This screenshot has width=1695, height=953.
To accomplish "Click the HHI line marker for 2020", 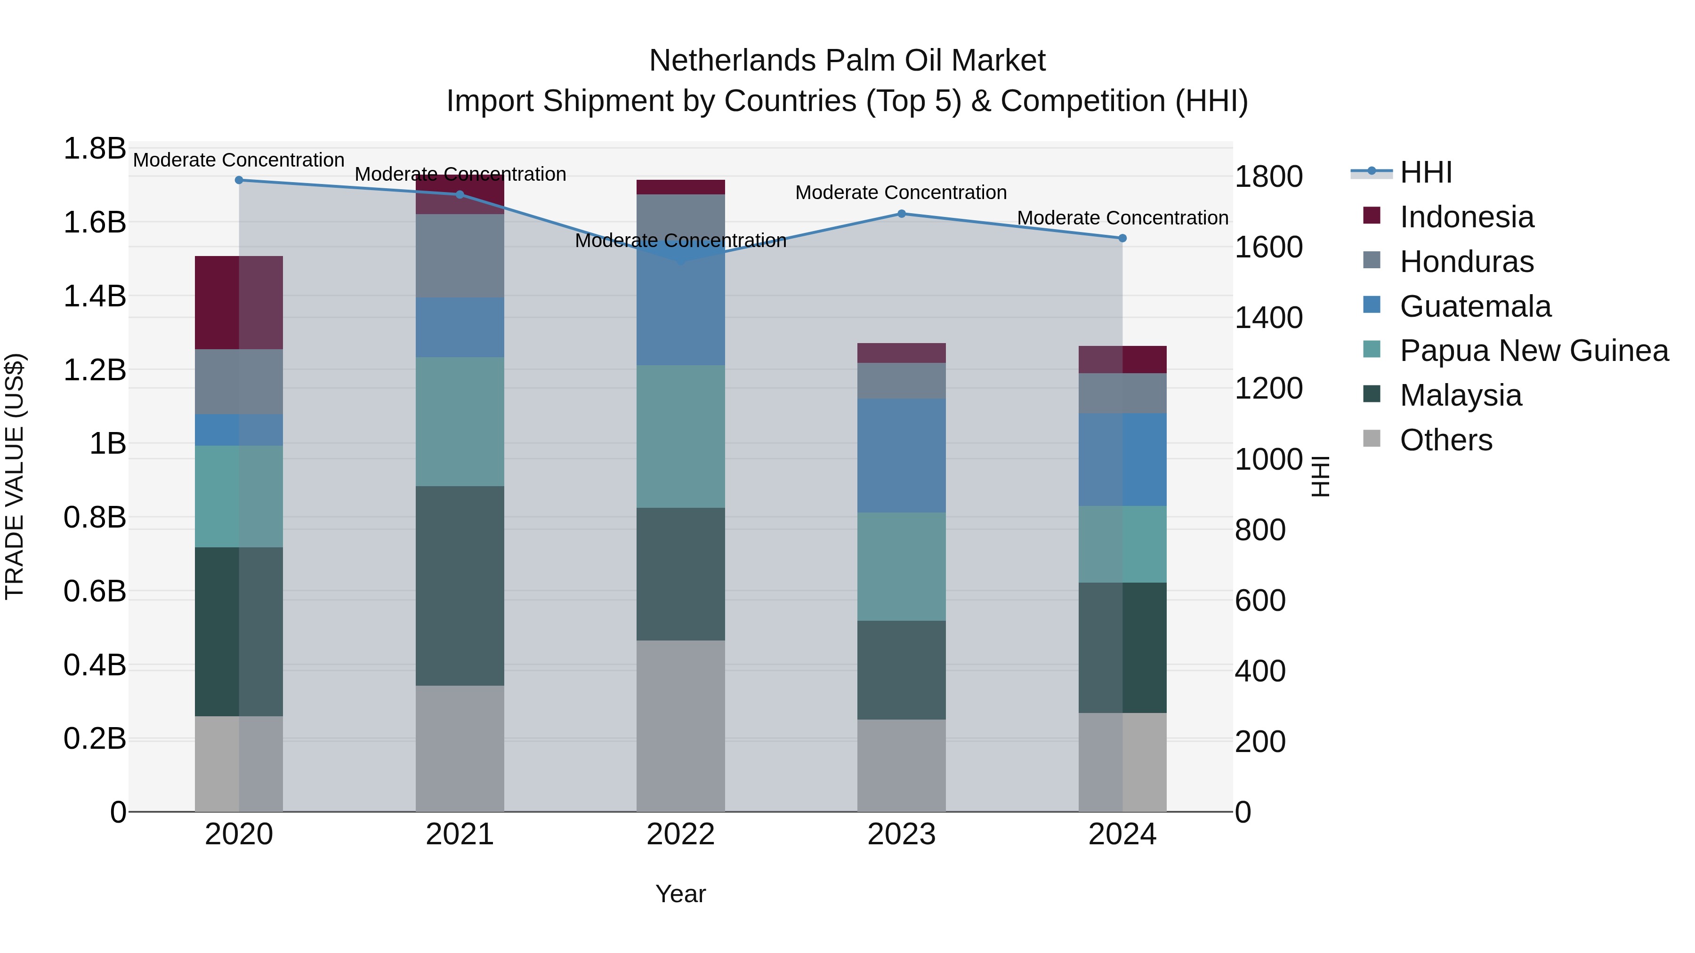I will point(239,180).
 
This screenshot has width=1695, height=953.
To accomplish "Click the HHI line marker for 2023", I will point(902,214).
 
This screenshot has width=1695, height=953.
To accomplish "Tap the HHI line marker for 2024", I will point(1122,238).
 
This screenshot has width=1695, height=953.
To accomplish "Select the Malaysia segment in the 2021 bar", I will point(460,585).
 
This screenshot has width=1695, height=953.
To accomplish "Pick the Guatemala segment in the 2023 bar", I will point(902,455).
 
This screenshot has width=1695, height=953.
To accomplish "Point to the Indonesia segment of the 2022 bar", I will point(680,187).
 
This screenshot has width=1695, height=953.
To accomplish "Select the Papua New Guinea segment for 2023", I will point(902,566).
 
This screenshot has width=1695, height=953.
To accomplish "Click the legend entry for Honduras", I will point(1467,262).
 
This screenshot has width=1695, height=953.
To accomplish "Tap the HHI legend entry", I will point(1426,172).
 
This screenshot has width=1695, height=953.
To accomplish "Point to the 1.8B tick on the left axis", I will point(94,149).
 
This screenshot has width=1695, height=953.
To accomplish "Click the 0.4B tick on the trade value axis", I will point(94,665).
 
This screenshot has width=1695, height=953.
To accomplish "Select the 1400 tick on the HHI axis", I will point(1268,318).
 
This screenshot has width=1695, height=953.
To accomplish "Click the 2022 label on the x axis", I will point(680,834).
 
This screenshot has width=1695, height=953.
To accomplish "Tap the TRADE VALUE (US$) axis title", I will point(15,476).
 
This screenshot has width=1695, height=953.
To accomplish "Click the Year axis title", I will point(680,894).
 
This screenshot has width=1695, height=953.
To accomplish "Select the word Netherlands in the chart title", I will point(732,61).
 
